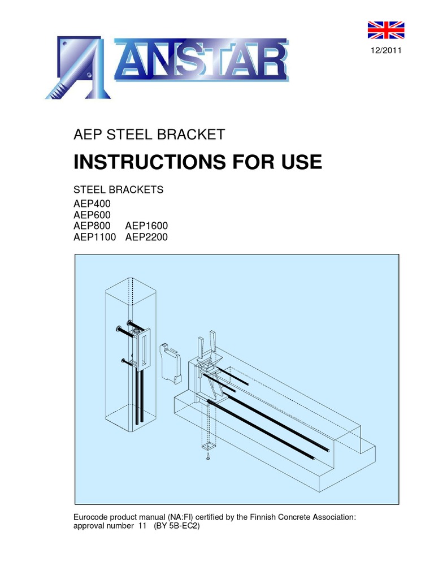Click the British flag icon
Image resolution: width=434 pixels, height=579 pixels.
point(386,33)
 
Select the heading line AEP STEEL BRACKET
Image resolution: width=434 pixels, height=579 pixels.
point(149,135)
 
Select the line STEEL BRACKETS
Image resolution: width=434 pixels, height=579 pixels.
point(119,189)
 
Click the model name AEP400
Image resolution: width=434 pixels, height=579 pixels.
point(93,202)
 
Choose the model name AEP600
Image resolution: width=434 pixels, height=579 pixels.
point(93,214)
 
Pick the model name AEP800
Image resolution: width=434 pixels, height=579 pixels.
point(93,226)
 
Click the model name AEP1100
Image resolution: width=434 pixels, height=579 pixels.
point(95,237)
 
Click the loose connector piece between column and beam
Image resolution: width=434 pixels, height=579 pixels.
point(169,361)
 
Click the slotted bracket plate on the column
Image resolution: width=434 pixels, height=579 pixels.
point(143,349)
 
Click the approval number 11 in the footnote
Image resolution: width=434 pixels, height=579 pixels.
point(142,526)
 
